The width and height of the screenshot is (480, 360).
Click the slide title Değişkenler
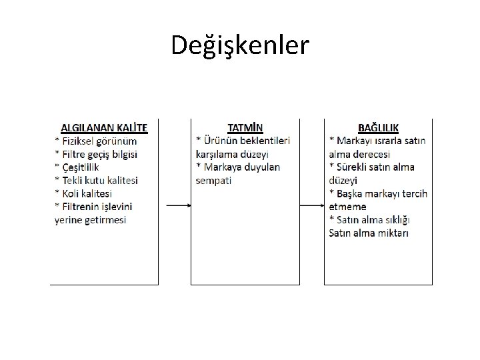coord(239,45)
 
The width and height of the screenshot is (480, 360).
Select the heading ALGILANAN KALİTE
coord(105,127)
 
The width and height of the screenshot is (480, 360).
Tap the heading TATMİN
coord(245,127)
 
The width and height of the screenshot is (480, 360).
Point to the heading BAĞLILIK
coord(378,127)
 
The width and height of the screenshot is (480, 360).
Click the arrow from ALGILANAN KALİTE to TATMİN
coord(178,205)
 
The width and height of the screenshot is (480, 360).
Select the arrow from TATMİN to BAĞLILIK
coord(311,205)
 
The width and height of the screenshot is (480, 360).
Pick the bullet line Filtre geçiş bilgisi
coord(99,154)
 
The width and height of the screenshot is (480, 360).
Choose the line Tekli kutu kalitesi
coord(99,180)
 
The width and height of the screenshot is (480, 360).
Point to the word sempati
coord(213,180)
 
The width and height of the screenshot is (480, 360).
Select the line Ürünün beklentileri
coord(246,141)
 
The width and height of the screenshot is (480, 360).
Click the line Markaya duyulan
coord(241,167)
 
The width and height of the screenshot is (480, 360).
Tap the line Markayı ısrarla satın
coord(381,141)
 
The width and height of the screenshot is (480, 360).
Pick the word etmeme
coord(347,207)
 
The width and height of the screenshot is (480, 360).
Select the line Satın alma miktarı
coord(369,233)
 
